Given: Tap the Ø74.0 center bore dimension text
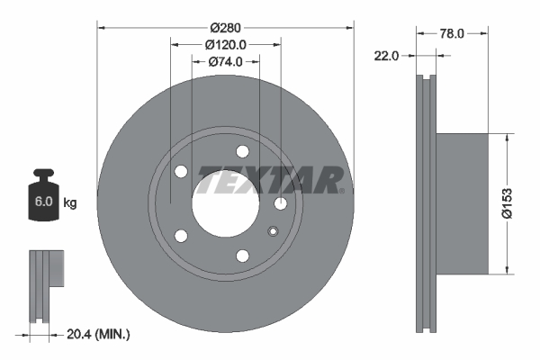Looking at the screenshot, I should (227, 62).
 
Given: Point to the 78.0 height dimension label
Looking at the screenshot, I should (452, 33).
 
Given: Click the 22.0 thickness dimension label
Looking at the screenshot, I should (386, 56).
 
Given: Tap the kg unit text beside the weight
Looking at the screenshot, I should (70, 203).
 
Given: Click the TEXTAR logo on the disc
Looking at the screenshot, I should (267, 180).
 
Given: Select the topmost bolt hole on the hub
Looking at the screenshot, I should (241, 152).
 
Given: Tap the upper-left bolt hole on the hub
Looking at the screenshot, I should (181, 171).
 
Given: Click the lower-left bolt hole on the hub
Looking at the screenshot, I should (181, 237).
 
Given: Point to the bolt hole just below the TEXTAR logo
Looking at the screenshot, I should (281, 204).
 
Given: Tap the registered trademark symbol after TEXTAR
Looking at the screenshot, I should (341, 190).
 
